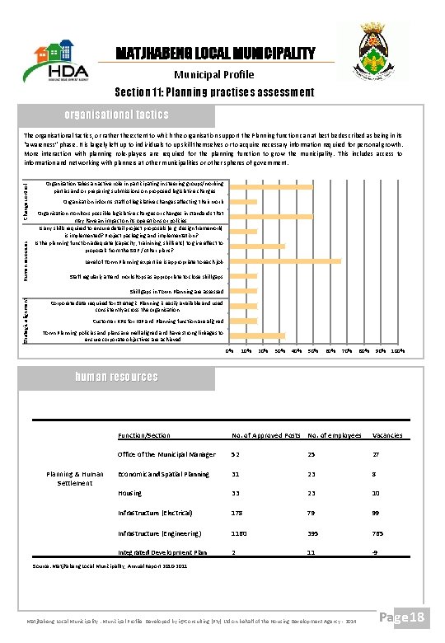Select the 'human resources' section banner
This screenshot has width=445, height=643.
click(116, 377)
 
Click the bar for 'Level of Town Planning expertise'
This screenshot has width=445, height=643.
click(284, 261)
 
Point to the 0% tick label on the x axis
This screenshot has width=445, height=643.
click(229, 352)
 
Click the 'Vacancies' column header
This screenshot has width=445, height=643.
click(387, 435)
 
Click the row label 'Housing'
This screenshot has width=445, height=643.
click(130, 493)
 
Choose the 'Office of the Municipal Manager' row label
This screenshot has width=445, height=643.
click(166, 454)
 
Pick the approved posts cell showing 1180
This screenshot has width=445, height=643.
click(241, 533)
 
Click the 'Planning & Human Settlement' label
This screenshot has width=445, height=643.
click(75, 478)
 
